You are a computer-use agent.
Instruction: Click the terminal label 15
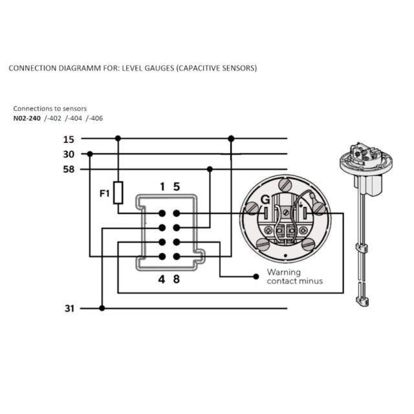69,138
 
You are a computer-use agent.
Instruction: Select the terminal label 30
69,154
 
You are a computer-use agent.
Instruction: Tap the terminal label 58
69,169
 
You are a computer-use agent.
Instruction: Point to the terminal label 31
69,309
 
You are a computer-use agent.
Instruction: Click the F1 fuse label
104,192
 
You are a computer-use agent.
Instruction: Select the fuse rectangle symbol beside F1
118,192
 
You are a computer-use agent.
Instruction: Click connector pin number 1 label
162,187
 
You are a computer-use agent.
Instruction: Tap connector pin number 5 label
176,187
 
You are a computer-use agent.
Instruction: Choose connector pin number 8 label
176,280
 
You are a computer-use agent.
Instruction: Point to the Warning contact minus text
294,277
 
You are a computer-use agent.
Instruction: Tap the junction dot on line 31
102,309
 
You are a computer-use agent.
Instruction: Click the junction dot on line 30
89,154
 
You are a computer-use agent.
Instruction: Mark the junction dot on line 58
210,169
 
